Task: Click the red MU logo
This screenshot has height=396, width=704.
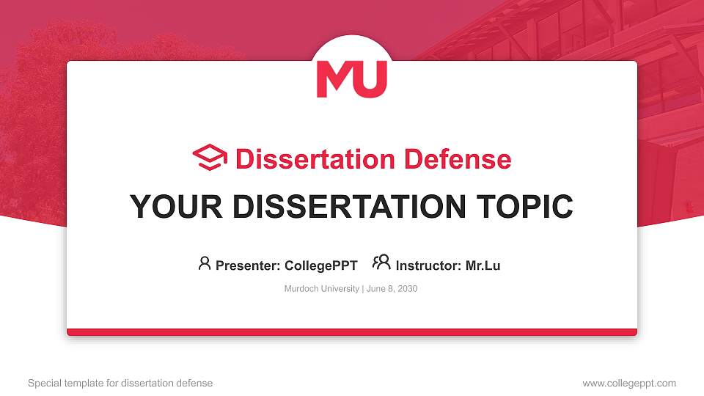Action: (x=351, y=79)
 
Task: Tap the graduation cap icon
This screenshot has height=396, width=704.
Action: (x=210, y=157)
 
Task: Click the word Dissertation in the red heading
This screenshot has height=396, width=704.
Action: (x=315, y=159)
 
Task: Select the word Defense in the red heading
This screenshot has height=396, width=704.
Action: (x=458, y=159)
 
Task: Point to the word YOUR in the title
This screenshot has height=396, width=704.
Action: (x=176, y=207)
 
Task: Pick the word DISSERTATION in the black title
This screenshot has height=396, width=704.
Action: (x=349, y=207)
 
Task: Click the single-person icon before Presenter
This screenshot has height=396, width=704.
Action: (x=205, y=263)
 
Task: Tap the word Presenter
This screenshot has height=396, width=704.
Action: (x=248, y=265)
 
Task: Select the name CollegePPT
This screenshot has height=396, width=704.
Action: (x=321, y=265)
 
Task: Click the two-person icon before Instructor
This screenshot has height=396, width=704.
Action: (x=381, y=263)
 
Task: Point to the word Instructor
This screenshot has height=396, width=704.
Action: (x=428, y=265)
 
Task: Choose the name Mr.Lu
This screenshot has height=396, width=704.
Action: (x=483, y=265)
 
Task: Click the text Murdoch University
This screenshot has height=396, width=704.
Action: (x=321, y=289)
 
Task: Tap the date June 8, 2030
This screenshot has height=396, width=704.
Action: (x=392, y=289)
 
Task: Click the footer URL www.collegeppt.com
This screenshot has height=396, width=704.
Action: (x=629, y=384)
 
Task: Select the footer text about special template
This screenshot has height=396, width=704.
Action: (x=120, y=384)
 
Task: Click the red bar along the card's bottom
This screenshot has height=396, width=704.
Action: (x=352, y=332)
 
